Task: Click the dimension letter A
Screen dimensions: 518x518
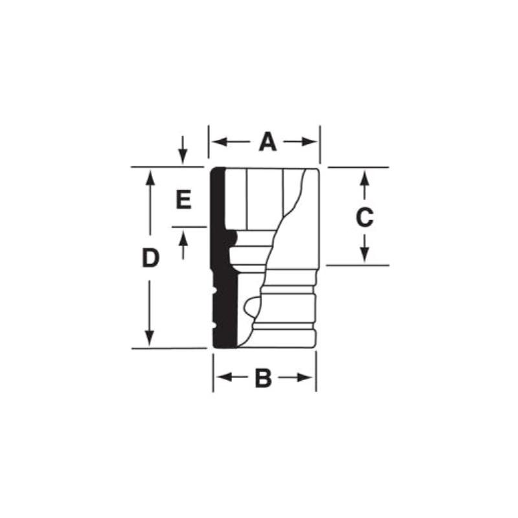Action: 267,142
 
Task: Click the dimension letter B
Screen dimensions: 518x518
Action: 264,377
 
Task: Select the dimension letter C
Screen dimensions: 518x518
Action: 365,218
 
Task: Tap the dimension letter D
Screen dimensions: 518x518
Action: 150,258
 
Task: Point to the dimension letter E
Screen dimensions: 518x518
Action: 184,199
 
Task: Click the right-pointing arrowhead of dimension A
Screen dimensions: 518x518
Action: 310,142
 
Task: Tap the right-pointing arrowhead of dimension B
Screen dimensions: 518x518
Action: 304,377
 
